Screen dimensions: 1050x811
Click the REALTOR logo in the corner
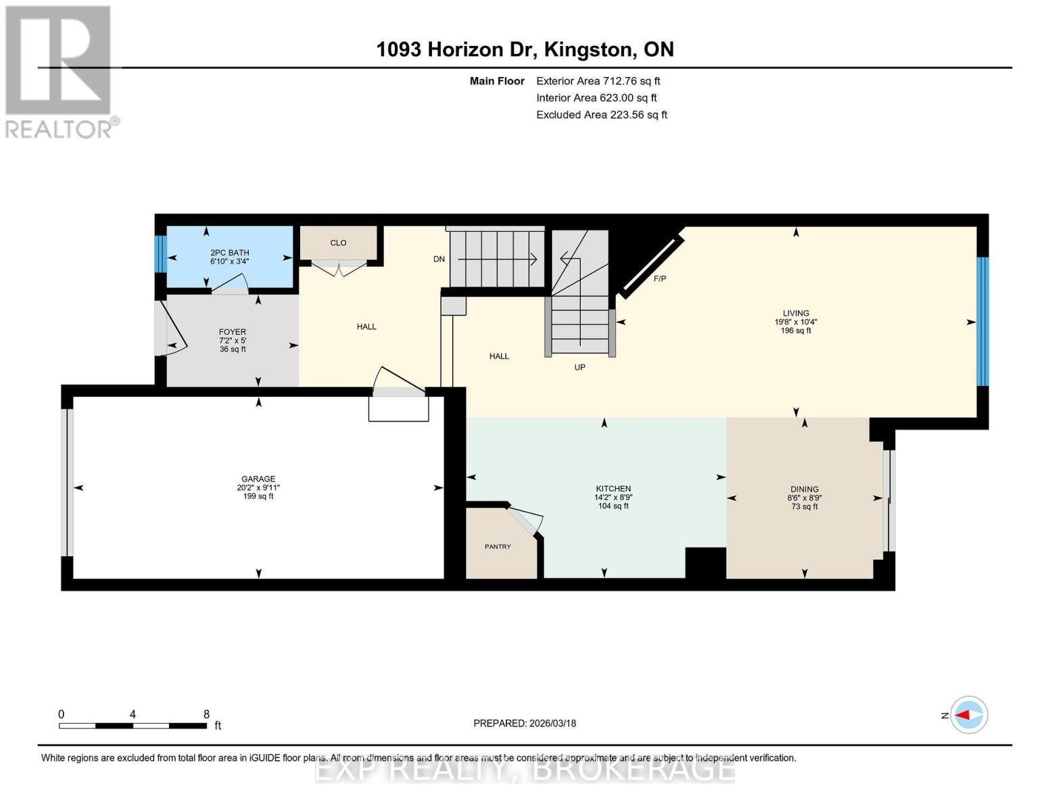point(60,72)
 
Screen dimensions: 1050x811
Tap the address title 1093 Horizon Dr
point(454,50)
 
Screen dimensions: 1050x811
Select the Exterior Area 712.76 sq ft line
point(598,81)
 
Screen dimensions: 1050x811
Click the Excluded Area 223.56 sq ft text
point(602,115)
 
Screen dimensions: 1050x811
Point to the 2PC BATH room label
point(229,253)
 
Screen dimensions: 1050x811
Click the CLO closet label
point(338,243)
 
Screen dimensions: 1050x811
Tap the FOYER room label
point(233,332)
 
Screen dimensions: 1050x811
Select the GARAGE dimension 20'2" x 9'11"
point(258,488)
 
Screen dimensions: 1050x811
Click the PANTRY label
point(498,547)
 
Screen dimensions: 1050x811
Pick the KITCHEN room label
point(613,489)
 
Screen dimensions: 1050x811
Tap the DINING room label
point(805,489)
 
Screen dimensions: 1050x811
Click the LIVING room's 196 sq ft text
point(796,331)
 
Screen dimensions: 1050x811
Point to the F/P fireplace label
point(660,278)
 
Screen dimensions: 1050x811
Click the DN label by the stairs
point(439,260)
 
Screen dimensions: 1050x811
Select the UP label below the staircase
point(580,368)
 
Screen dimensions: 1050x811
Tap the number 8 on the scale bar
point(206,714)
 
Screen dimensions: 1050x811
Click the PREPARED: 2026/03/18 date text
point(525,724)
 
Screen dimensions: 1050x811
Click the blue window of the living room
point(983,322)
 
